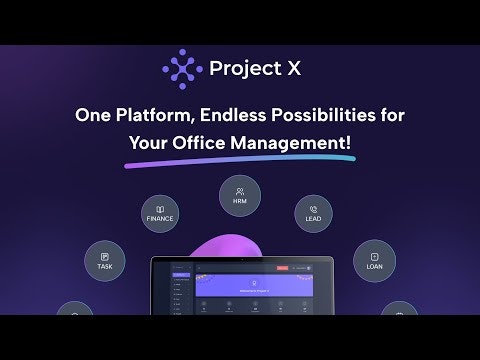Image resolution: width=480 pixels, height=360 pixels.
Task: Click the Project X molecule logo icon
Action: point(181,69)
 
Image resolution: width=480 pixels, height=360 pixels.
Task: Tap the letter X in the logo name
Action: point(294,69)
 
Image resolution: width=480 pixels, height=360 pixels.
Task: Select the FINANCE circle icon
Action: point(159,213)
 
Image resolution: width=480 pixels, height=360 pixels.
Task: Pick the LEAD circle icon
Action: point(313,213)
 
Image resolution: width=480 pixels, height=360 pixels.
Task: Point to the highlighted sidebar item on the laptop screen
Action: point(182,274)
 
